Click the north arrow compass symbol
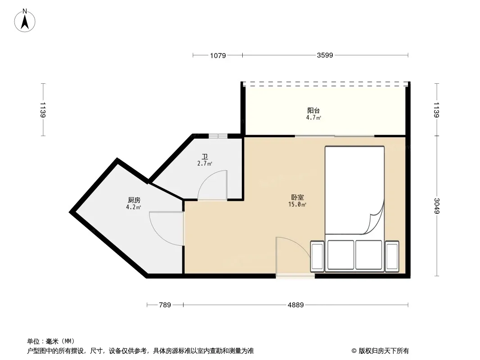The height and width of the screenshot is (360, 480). coord(25,21)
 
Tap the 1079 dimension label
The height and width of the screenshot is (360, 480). coord(218,56)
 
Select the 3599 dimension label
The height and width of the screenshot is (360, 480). coord(325,55)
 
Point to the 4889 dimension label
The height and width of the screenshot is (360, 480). coord(296,305)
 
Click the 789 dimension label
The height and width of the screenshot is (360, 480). coord(165,305)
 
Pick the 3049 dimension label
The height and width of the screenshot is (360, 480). coord(436,206)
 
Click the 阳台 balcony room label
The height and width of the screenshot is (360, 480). coord(314,110)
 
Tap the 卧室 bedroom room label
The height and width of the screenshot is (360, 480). coord(298,198)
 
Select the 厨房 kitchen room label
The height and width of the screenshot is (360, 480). coord(134,200)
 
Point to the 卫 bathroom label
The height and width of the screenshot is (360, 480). coord(205,157)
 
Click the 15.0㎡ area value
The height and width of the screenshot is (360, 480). coord(297,205)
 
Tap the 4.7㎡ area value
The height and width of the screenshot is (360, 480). coord(314,118)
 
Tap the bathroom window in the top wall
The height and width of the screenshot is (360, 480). coord(218,136)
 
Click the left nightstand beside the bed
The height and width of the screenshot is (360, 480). coord(317,256)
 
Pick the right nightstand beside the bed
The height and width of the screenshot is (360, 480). coord(392,256)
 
